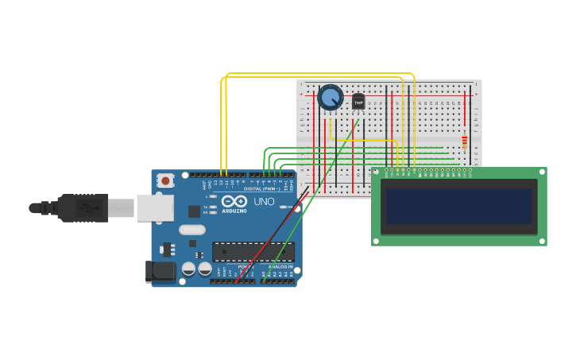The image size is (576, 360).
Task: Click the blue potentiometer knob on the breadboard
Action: pyautogui.click(x=330, y=98)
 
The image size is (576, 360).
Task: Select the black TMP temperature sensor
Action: pyautogui.click(x=358, y=102)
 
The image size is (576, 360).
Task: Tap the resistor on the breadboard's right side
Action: pyautogui.click(x=465, y=142)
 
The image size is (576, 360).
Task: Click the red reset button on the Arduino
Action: pyautogui.click(x=165, y=180)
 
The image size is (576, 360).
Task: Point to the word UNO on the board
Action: pyautogui.click(x=264, y=202)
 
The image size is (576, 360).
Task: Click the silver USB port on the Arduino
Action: pyautogui.click(x=154, y=207)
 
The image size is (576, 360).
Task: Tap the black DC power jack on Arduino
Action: pyautogui.click(x=161, y=272)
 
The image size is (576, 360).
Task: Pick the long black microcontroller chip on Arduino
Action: pyautogui.click(x=253, y=252)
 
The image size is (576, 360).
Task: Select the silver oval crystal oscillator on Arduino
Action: pyautogui.click(x=192, y=230)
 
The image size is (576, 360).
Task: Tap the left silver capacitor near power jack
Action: pyautogui.click(x=188, y=269)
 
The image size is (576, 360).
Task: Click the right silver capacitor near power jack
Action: pyautogui.click(x=202, y=269)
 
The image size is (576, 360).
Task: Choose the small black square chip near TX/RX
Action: pyautogui.click(x=194, y=211)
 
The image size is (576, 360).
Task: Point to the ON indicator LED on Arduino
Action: pyautogui.click(x=288, y=207)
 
